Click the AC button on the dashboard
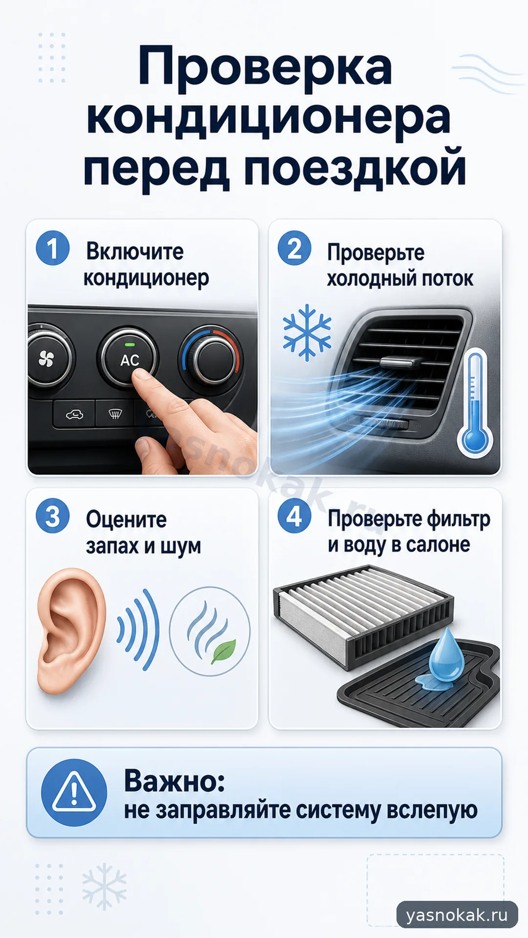(x=129, y=359)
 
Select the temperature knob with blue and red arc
(x=211, y=360)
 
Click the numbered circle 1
(x=53, y=248)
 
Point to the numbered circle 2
(x=294, y=248)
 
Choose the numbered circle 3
(x=53, y=516)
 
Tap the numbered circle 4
(x=294, y=516)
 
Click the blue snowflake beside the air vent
(x=307, y=332)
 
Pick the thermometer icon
(x=475, y=403)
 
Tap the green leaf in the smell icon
(x=224, y=651)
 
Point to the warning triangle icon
(x=74, y=793)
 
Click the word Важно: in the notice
(x=175, y=780)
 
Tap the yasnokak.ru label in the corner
(x=457, y=915)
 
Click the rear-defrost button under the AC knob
(x=115, y=415)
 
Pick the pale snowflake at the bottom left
(x=104, y=886)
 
